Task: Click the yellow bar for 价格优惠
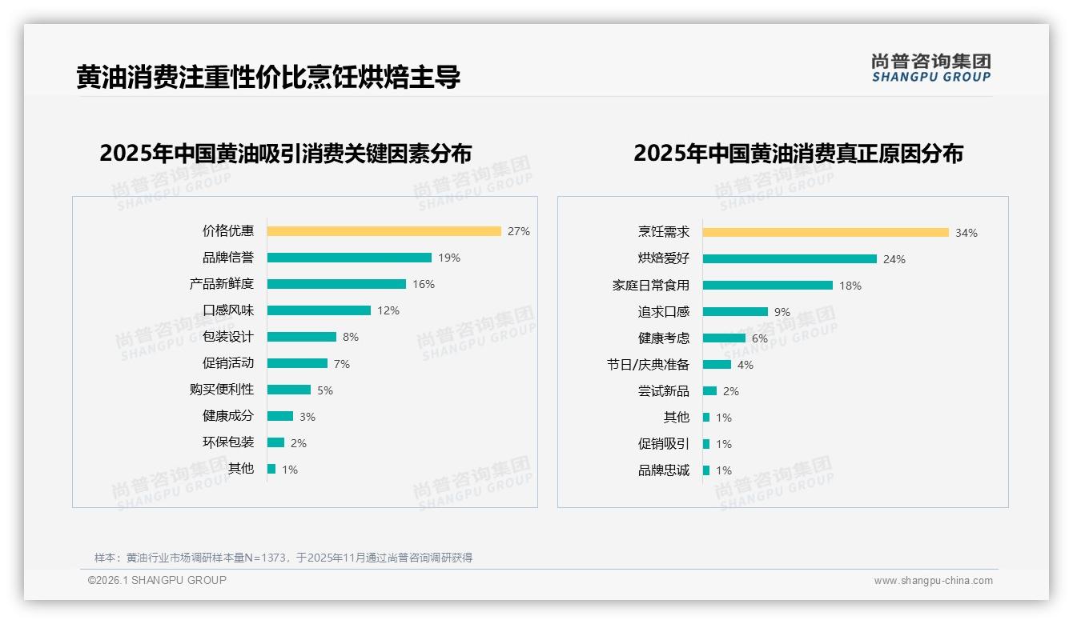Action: coord(384,231)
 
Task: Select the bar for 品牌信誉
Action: coord(349,258)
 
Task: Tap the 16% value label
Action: coord(424,284)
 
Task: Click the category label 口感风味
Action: coord(228,310)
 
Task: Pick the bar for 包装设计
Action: coord(302,337)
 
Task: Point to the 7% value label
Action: coord(342,364)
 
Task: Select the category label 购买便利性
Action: coord(222,390)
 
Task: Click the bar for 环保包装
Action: coord(275,442)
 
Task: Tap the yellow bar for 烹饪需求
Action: coord(826,233)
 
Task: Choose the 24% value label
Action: coord(894,259)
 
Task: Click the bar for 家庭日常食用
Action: coord(768,286)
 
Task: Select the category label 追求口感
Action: coord(664,312)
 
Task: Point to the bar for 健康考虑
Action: coord(724,338)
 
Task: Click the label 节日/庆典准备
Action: coord(648,365)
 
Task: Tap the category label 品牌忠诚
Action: coord(664,470)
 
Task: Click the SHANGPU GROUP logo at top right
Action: coord(931,68)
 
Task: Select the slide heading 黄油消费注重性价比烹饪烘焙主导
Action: coord(268,78)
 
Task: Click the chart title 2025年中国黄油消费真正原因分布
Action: coord(798,153)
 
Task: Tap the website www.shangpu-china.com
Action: coord(933,581)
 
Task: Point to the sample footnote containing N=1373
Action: coord(283,558)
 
